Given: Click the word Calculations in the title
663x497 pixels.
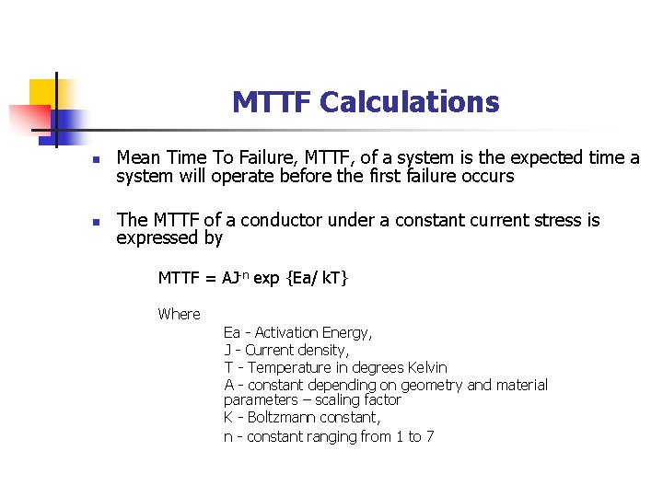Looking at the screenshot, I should (x=409, y=102).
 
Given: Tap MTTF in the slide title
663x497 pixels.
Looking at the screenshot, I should (x=272, y=102).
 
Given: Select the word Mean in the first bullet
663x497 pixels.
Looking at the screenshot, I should (x=136, y=157).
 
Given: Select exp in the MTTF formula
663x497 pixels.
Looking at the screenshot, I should (x=266, y=278).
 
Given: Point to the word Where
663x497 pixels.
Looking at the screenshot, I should (x=179, y=314).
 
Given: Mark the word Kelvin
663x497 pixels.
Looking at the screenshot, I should (x=425, y=367).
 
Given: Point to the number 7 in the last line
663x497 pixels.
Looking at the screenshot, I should (x=429, y=436).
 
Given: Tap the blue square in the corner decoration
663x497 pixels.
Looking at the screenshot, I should (x=69, y=122).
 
